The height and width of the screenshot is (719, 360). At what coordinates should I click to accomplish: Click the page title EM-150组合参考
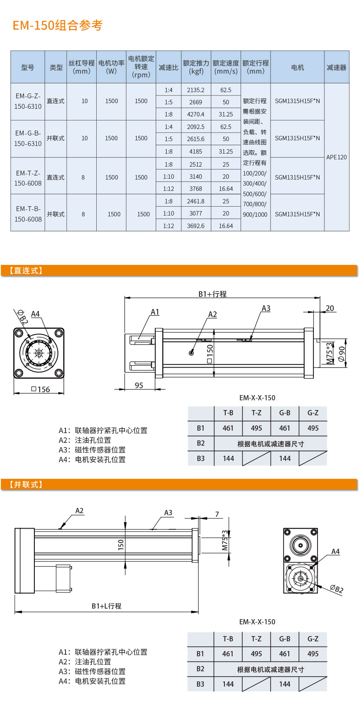coord(57,25)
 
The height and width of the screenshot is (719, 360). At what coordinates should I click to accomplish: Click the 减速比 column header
coord(168,68)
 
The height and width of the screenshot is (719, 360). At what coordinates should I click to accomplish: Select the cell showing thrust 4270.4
coord(196,114)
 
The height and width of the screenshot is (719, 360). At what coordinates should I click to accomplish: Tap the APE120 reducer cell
coord(337,157)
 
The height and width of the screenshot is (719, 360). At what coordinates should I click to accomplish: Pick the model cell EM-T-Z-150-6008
coord(28,178)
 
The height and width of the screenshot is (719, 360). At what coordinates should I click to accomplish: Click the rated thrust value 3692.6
coord(196,226)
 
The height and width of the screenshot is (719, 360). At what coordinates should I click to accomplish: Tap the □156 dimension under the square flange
coord(41,389)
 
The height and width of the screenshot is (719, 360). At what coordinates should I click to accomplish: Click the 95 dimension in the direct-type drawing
coord(139,385)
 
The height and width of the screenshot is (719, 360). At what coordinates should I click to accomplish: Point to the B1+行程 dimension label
coord(212,294)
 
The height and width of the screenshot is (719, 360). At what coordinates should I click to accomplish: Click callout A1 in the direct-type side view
coord(155,312)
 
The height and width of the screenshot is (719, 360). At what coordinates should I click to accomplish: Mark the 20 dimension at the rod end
coord(330,308)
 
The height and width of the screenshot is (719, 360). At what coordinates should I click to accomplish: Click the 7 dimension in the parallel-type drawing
coord(217,514)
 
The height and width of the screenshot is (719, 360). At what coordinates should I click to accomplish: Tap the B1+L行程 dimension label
coord(106,606)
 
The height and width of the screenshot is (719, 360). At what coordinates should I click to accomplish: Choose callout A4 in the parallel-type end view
coord(335,551)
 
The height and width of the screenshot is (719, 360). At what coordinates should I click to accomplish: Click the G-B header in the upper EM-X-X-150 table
coord(285,413)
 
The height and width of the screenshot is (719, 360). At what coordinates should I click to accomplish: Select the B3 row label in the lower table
coord(200,684)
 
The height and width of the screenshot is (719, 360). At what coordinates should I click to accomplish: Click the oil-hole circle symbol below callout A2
coord(191,353)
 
